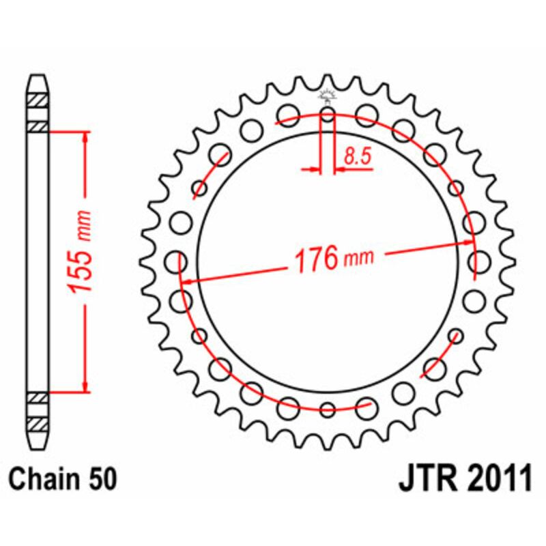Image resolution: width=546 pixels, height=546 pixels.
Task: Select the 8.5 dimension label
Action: (356, 156)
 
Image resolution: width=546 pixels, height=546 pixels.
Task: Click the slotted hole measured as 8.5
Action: (328, 115)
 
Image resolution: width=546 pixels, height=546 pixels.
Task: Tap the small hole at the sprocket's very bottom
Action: (328, 409)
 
